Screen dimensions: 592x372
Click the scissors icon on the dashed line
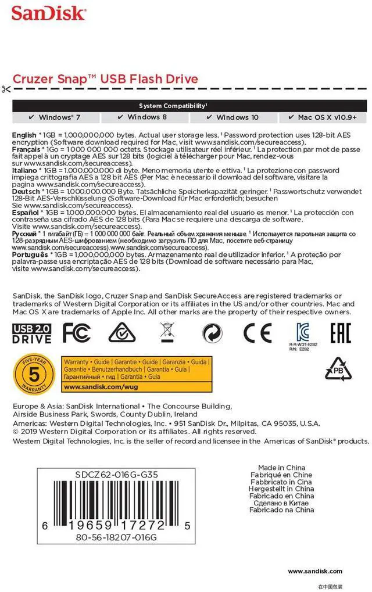click(x=6, y=89)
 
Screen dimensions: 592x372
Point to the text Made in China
click(x=281, y=468)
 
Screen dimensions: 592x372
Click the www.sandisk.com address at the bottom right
click(x=315, y=571)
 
